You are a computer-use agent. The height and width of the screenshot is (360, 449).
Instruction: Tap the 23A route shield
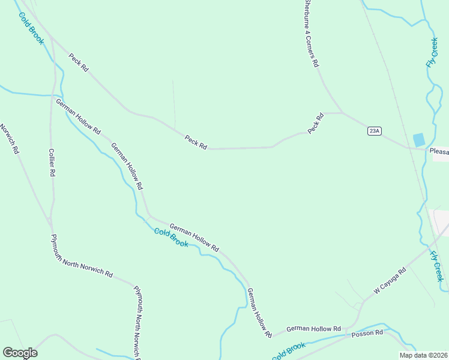pos(375,131)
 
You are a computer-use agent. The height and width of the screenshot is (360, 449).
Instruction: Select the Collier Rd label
pos(52,162)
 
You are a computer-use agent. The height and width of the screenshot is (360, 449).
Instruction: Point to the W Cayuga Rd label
pos(390,281)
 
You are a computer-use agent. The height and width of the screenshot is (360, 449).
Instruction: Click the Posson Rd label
pos(367,333)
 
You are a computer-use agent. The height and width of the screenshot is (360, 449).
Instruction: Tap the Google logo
pos(20,353)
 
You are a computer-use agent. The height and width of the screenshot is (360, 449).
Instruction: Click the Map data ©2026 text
pos(424,355)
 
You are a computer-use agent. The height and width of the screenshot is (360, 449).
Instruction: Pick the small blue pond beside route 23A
pos(418,140)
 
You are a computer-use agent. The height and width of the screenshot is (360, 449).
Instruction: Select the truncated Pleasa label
pos(439,152)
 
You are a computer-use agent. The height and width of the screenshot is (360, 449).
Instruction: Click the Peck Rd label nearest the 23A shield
pos(316,123)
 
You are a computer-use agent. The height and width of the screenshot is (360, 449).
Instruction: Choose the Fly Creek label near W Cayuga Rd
pos(437,266)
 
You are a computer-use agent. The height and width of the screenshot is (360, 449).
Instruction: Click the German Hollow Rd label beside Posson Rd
pos(313,329)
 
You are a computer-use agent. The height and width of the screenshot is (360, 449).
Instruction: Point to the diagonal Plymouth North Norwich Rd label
pos(82,256)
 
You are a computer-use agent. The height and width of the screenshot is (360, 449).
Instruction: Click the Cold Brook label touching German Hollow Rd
pos(171,237)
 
